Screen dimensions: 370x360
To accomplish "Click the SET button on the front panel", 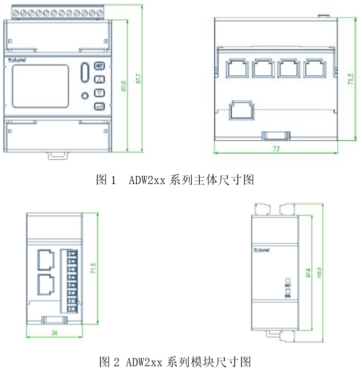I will (100, 66).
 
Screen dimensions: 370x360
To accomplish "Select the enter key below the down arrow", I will (100, 106).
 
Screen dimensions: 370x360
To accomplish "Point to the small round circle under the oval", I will (85, 95).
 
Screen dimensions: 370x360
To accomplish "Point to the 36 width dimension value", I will (55, 332).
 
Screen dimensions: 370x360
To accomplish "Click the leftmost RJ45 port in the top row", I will (236, 68).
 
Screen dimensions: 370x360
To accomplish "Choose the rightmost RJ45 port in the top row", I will (314, 68).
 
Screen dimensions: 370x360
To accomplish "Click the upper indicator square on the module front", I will (288, 281).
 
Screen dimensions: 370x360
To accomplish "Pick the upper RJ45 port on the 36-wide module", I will (45, 258).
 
